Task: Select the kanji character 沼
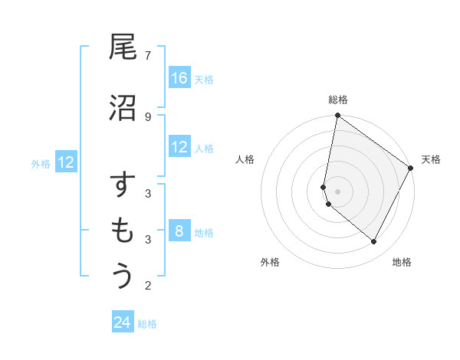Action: click(123, 108)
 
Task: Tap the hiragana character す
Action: click(123, 187)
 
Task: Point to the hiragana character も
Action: click(123, 231)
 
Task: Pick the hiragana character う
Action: click(123, 276)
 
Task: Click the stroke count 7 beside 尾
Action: click(148, 55)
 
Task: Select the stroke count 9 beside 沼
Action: click(148, 116)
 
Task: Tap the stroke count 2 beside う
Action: click(148, 286)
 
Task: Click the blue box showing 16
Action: click(179, 78)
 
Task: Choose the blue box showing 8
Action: click(179, 231)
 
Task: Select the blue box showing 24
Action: click(123, 323)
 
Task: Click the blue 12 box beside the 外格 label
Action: click(66, 162)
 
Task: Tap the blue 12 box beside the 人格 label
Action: click(179, 147)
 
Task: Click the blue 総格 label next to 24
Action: click(148, 324)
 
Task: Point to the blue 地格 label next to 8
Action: click(204, 232)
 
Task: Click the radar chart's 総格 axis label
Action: click(338, 100)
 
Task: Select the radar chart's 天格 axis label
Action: click(431, 159)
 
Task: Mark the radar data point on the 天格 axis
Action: click(411, 168)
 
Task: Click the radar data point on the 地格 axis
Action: click(373, 241)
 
